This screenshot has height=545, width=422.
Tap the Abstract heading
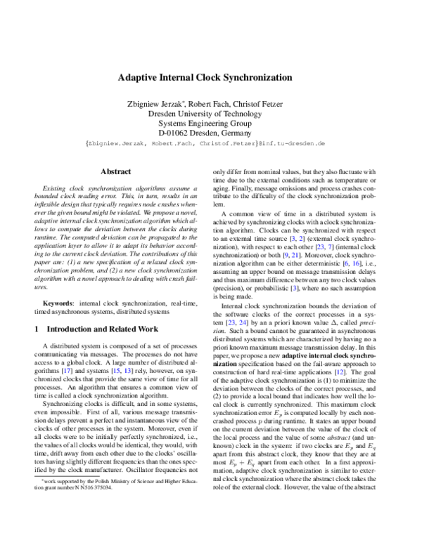[115, 171]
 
